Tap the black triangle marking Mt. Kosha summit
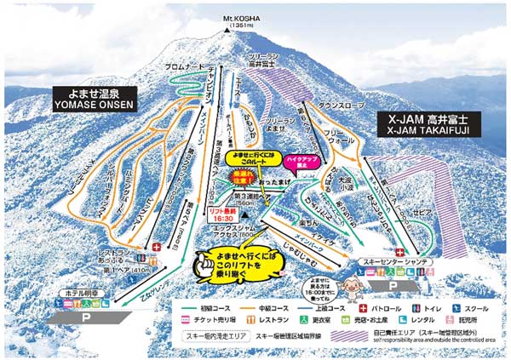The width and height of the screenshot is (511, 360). point(227,28)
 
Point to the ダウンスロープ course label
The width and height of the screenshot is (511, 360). point(340,105)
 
